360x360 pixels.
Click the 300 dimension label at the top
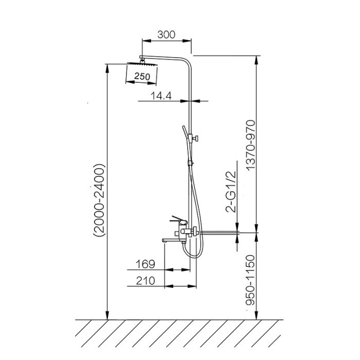click(x=166, y=34)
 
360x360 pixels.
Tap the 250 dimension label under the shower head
click(x=142, y=76)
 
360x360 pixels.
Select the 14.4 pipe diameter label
click(x=161, y=96)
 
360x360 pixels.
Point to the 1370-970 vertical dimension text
click(x=250, y=145)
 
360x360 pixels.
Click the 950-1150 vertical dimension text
click(x=250, y=280)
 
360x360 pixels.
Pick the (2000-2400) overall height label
click(x=99, y=200)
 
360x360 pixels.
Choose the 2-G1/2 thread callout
click(x=231, y=192)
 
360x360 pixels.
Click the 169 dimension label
click(x=146, y=264)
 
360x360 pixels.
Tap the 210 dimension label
click(x=146, y=281)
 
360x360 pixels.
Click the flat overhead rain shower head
click(x=142, y=63)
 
